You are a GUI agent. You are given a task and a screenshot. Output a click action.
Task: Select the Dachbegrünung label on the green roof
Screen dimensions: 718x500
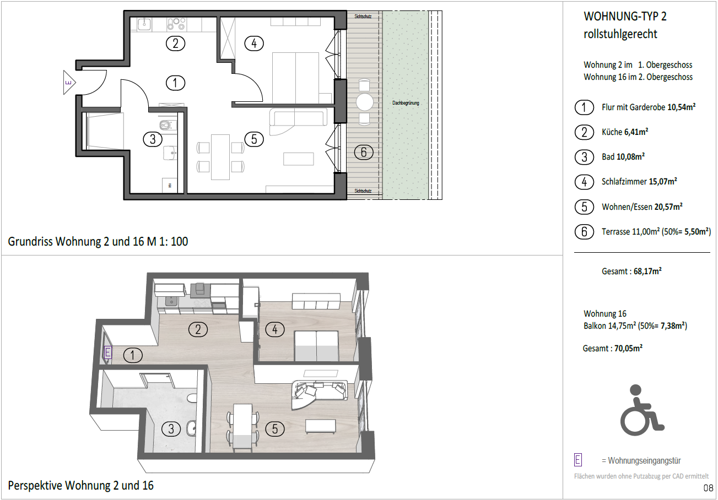coord(406,103)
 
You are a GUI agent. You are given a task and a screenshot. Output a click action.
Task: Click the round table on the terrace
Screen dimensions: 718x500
coord(364,102)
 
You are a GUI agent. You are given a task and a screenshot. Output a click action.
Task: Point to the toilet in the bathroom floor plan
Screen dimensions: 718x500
coord(168,124)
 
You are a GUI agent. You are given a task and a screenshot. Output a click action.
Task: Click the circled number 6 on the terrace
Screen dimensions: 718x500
coord(364,152)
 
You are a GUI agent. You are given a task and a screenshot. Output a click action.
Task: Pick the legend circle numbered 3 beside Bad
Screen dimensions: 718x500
coord(584,157)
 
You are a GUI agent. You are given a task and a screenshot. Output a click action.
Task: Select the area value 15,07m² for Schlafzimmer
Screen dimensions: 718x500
coord(663,182)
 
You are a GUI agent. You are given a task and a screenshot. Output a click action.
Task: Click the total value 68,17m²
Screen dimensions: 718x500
coord(647,271)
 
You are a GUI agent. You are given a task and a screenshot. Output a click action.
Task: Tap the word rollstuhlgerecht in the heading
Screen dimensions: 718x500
coord(620,34)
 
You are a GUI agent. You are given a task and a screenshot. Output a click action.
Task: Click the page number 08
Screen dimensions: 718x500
coord(708,488)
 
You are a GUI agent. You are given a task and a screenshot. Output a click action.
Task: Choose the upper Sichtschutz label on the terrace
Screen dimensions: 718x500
coord(363,17)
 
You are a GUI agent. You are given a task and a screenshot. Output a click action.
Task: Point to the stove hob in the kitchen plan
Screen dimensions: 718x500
coord(176,24)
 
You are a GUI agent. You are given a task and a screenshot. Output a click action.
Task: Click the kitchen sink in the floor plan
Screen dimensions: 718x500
coord(145,24)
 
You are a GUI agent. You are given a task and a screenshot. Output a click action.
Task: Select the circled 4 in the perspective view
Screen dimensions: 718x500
coord(275,329)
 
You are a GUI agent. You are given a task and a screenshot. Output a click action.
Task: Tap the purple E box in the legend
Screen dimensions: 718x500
coord(578,460)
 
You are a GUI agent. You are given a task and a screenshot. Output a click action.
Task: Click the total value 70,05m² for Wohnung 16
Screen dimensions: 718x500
coord(628,348)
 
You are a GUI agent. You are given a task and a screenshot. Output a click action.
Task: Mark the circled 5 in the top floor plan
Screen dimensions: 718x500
coord(254,139)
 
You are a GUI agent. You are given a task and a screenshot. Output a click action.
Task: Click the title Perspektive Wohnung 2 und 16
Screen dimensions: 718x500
coord(81,486)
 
